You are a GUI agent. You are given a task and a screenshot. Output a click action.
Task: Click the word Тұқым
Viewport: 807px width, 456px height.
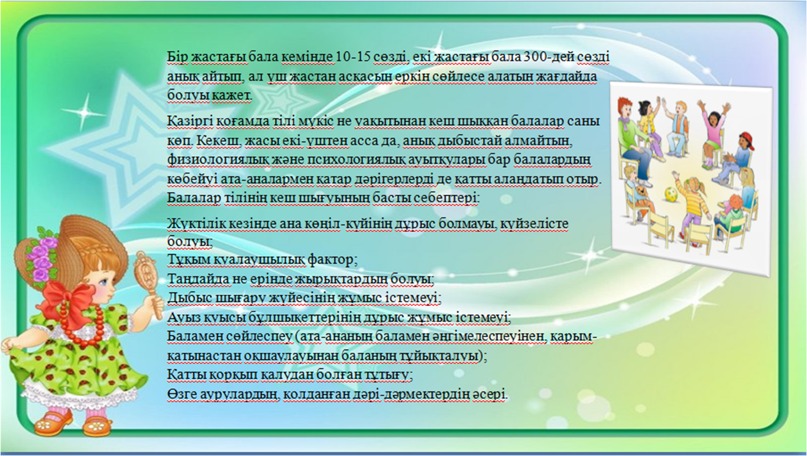pyautogui.click(x=187, y=259)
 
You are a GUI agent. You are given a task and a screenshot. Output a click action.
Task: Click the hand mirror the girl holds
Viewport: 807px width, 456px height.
pyautogui.click(x=147, y=277)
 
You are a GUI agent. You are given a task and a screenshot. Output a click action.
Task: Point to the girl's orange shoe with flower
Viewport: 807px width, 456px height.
pyautogui.click(x=54, y=425)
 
